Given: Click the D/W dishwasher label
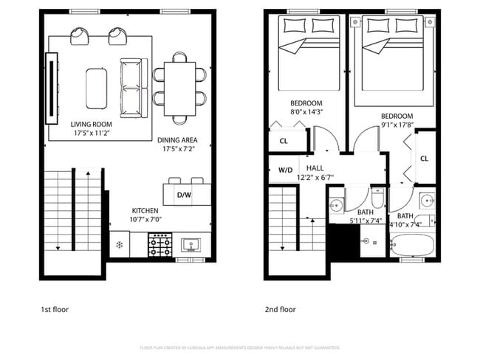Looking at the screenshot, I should tap(185, 195).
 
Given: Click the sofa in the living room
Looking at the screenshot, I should tap(134, 87).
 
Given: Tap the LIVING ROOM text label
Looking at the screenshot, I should tap(91, 125).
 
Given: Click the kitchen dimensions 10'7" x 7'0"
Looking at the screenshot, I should tap(145, 220).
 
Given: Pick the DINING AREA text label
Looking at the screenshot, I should tap(176, 139).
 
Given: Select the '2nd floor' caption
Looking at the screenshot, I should tap(281, 310).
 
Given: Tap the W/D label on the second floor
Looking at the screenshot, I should tap(284, 169).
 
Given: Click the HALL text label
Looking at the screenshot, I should tap(315, 169).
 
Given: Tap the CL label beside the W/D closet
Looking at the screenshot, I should tap(284, 141).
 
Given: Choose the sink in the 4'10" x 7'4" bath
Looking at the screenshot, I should tap(427, 201).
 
